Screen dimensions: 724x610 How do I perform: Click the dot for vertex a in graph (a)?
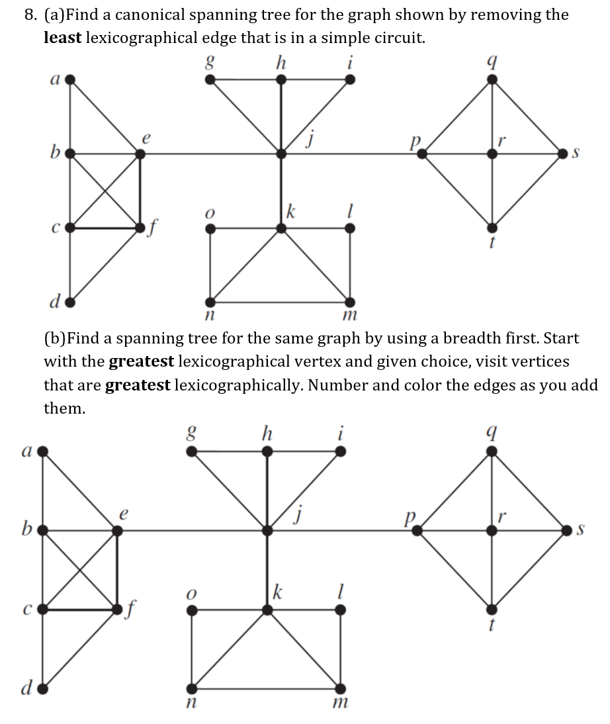click(x=70, y=79)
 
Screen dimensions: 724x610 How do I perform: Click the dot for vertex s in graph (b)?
click(x=567, y=530)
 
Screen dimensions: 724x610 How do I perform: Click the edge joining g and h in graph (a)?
click(x=245, y=79)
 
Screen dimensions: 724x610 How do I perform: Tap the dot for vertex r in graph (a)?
click(x=491, y=154)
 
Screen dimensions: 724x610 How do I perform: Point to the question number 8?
click(x=30, y=15)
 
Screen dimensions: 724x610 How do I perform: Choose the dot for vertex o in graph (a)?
click(x=210, y=228)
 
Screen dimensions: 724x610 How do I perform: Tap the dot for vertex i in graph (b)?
click(x=340, y=452)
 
